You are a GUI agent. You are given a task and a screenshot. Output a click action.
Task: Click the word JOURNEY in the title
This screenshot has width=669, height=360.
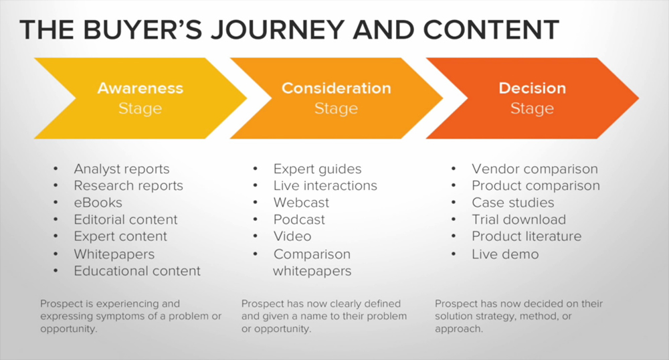(278, 29)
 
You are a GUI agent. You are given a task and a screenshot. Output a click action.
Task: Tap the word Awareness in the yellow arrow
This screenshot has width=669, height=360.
(140, 88)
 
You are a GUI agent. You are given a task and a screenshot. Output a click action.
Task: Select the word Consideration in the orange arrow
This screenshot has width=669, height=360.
(337, 88)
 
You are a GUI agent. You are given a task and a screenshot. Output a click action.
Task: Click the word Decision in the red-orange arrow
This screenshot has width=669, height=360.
(532, 88)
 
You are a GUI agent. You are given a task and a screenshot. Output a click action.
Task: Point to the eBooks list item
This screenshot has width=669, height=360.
(98, 203)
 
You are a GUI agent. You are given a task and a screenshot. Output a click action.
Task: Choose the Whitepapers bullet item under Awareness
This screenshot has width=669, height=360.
(114, 254)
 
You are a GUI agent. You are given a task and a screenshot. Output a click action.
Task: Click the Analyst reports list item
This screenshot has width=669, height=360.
(122, 169)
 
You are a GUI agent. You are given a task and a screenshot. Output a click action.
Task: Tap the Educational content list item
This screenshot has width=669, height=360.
(137, 271)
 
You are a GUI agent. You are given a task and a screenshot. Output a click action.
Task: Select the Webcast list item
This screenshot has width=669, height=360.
(301, 203)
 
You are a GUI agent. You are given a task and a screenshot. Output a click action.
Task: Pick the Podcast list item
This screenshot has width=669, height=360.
(299, 219)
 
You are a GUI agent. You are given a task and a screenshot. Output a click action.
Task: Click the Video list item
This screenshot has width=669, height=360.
(292, 236)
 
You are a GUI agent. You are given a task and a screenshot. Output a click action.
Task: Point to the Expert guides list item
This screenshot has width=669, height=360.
(317, 169)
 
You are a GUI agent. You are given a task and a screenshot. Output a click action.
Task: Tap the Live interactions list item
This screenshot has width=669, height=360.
(325, 185)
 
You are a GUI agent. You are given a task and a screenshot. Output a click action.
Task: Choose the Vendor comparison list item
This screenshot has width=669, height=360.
(535, 169)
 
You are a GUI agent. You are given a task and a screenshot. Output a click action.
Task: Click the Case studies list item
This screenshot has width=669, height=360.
(513, 203)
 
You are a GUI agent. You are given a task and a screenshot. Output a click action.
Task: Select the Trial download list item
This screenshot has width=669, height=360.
(519, 219)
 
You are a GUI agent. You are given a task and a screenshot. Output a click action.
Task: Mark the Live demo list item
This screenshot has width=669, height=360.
(505, 254)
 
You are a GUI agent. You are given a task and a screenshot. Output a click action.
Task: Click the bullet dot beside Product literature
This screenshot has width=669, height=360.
(454, 236)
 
